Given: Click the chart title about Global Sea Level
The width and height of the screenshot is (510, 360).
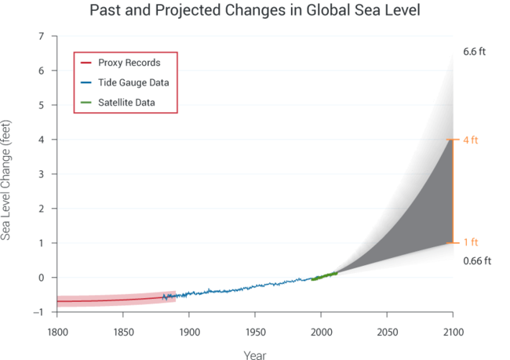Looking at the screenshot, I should (x=255, y=11).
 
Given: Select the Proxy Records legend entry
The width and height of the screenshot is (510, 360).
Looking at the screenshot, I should (x=129, y=63).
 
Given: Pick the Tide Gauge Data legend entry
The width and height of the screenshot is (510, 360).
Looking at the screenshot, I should (x=133, y=82).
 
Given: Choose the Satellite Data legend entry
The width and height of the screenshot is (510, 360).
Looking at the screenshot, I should (x=126, y=102).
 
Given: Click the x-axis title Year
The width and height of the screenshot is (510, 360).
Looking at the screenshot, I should (x=254, y=355).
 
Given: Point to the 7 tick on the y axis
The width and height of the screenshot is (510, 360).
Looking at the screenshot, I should (x=42, y=37).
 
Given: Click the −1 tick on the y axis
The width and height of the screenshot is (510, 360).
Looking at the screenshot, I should (x=39, y=312).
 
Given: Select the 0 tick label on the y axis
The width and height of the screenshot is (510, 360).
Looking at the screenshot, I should (x=42, y=278).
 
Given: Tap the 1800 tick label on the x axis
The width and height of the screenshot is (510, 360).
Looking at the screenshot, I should (x=57, y=329).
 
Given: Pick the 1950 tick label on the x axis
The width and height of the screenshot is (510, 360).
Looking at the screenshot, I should (x=255, y=329).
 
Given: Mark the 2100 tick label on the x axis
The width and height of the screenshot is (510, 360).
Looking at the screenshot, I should (x=453, y=329).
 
